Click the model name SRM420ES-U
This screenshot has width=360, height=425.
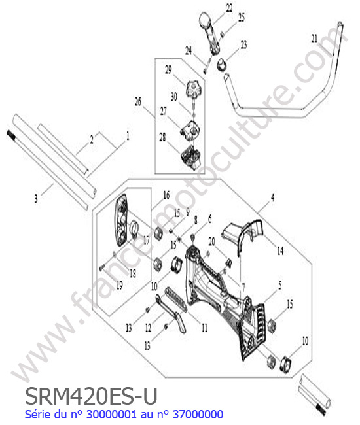(91, 396)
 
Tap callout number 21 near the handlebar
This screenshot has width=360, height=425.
(314, 39)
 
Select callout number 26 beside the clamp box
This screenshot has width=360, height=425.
(138, 101)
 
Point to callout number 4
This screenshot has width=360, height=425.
(273, 197)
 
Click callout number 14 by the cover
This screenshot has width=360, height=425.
(280, 251)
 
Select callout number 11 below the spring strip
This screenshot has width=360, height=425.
(204, 328)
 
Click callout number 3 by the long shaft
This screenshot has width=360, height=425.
(36, 199)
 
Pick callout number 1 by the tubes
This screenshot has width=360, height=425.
(128, 136)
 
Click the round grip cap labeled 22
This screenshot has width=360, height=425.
(206, 20)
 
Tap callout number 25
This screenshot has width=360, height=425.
(241, 18)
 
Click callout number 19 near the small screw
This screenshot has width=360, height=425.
(119, 285)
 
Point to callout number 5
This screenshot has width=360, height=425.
(280, 286)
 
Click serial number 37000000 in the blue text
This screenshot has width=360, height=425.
(198, 415)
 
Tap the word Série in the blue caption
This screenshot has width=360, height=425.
(37, 415)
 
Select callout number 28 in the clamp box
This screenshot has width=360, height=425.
(162, 137)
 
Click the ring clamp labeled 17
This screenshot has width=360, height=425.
(135, 229)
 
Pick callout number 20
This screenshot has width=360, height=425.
(211, 241)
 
